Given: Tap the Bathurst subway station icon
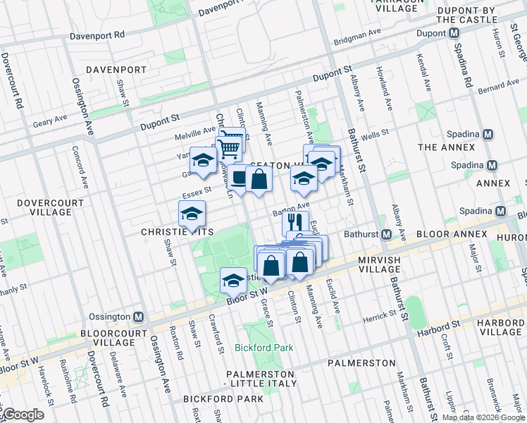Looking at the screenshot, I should (x=387, y=234).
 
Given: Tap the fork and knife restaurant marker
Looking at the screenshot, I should (x=294, y=223).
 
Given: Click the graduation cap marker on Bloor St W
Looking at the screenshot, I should (x=233, y=281).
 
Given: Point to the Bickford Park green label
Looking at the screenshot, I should (x=265, y=348).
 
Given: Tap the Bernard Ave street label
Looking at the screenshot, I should (x=498, y=88).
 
